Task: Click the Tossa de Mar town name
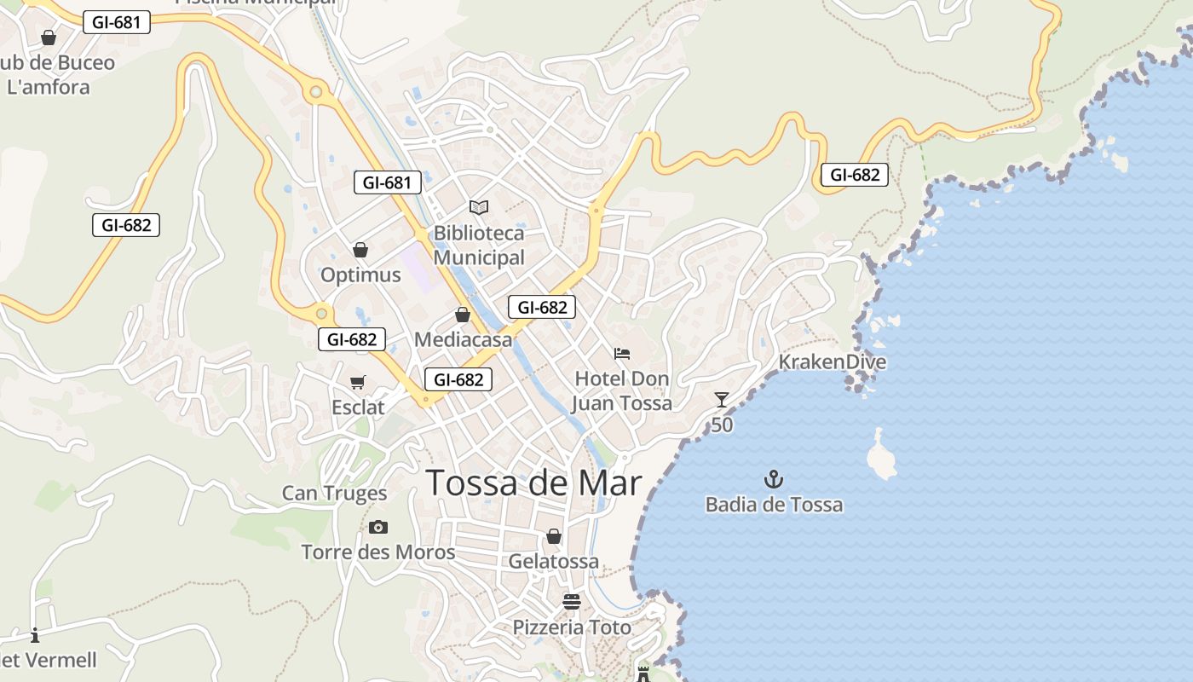click(x=533, y=483)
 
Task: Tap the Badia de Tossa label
click(x=774, y=505)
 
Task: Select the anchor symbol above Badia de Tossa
click(x=774, y=478)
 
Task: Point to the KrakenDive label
click(x=832, y=362)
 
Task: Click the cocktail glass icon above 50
click(x=722, y=399)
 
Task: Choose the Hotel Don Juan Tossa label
click(x=622, y=390)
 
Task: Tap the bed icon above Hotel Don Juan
click(x=622, y=354)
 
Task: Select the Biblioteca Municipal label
click(x=479, y=245)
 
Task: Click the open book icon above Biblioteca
click(x=479, y=207)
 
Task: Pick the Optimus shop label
click(x=360, y=275)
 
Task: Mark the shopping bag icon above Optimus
click(x=360, y=250)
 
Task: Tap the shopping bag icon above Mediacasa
click(x=463, y=315)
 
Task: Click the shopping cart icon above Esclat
click(x=358, y=383)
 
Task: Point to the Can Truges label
click(x=334, y=494)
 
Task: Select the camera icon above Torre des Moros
click(x=378, y=528)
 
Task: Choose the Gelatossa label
click(x=553, y=562)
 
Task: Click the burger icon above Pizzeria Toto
click(x=572, y=602)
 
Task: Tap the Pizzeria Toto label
click(x=572, y=627)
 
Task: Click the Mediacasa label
click(x=464, y=339)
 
